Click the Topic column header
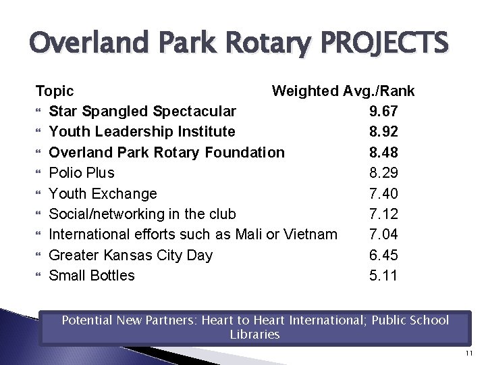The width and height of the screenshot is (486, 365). coord(55,91)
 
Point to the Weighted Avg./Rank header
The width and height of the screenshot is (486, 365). coord(343,91)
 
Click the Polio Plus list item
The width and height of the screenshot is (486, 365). coord(82,172)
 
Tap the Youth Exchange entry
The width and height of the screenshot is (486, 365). coord(103,193)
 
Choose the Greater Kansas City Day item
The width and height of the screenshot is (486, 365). coord(131,255)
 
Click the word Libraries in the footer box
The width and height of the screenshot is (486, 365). coord(254,335)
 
